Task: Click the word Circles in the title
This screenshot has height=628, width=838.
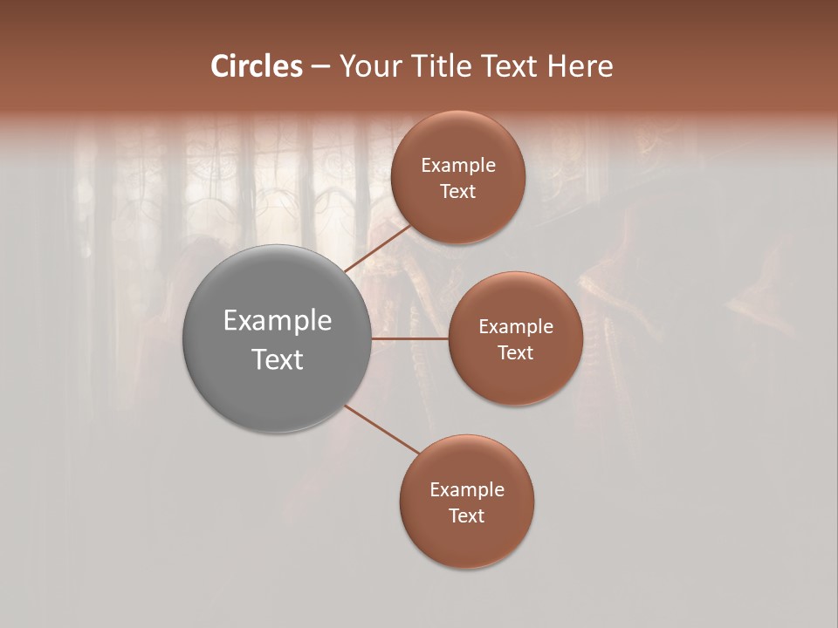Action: (x=256, y=66)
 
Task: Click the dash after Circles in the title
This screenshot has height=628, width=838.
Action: (x=319, y=67)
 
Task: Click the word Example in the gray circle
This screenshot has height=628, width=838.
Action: (x=278, y=321)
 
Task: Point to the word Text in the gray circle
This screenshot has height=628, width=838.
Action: (x=278, y=359)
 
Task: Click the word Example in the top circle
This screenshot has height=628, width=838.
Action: (x=458, y=166)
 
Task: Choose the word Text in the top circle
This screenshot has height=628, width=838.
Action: (x=458, y=192)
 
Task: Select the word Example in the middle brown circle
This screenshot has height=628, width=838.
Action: (x=516, y=327)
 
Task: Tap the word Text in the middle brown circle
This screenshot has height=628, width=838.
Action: (x=516, y=353)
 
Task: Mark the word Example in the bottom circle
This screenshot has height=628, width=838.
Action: (x=467, y=490)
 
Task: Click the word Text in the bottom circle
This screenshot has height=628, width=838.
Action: (x=467, y=516)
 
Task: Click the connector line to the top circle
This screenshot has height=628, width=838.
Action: (x=378, y=248)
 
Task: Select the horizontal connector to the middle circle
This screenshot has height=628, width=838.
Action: (x=410, y=338)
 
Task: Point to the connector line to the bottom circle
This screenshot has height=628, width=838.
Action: (x=382, y=429)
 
